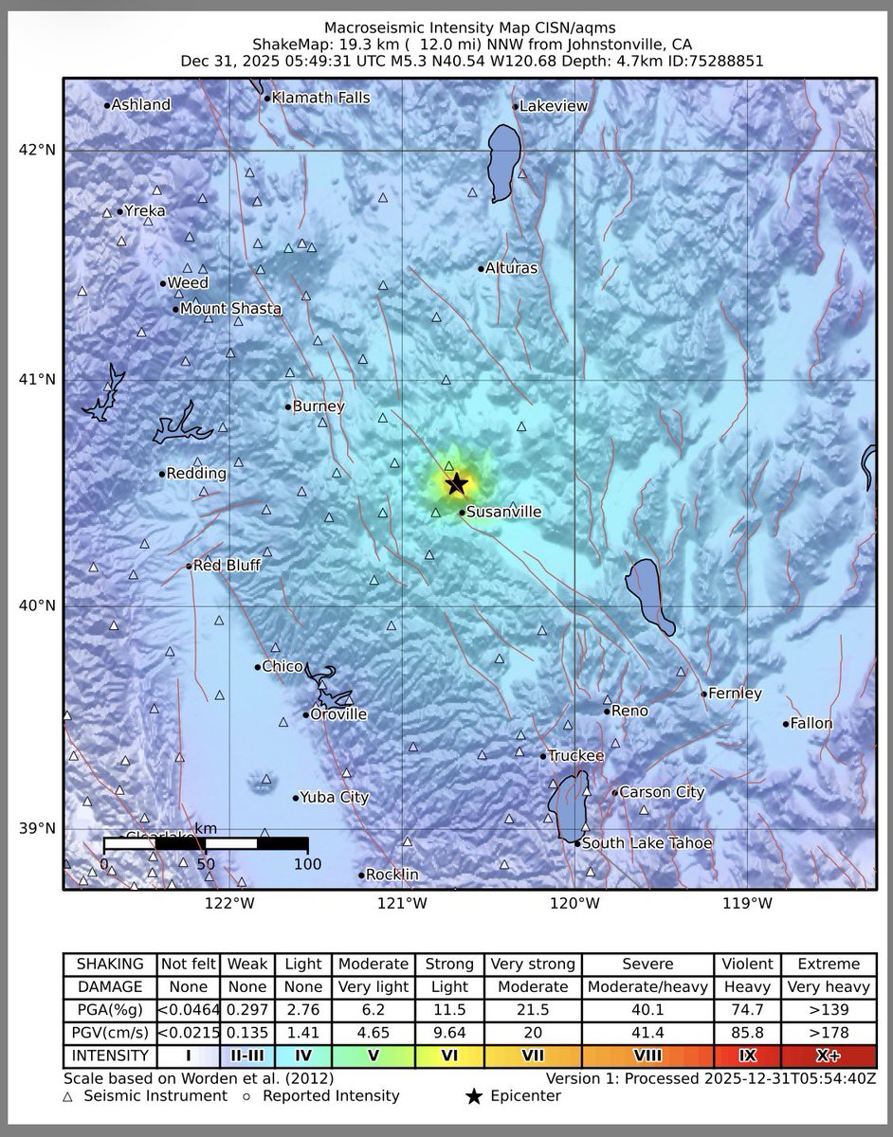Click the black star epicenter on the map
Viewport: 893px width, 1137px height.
457,484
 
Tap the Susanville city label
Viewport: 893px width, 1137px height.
503,513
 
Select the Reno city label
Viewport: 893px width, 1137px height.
629,711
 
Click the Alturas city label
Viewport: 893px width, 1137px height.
511,268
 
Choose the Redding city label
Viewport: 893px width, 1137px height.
196,474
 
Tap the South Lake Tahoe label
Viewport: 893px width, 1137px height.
646,843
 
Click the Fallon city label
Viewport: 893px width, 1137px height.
811,724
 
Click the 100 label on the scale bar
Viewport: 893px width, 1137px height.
307,864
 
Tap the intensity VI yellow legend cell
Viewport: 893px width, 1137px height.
448,1055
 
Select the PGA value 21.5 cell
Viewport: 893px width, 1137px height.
532,1010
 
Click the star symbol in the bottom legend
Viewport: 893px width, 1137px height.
474,1096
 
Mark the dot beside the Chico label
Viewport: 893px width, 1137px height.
257,667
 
